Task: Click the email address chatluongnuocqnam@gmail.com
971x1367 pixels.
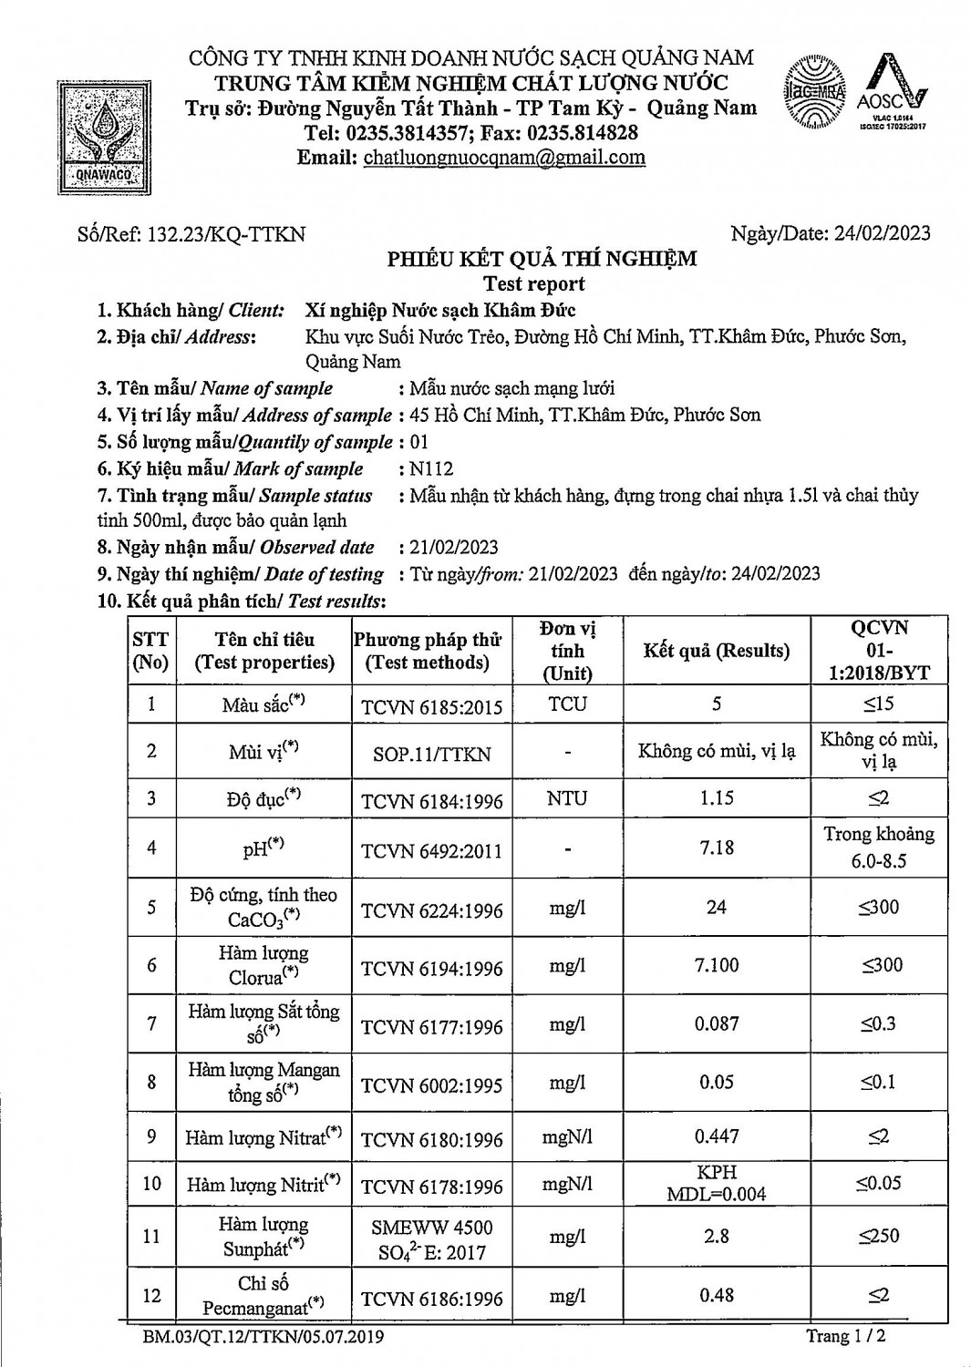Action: click(x=504, y=157)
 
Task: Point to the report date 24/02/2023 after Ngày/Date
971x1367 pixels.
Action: click(x=882, y=233)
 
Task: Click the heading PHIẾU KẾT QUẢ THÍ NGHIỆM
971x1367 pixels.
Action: click(x=542, y=259)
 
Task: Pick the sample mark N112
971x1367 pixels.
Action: click(x=431, y=469)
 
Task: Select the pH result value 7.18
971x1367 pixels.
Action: click(x=717, y=848)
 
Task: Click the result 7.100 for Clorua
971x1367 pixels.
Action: click(x=717, y=965)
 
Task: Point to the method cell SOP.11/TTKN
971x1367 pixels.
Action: click(x=431, y=754)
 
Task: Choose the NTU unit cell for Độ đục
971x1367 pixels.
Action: click(x=567, y=798)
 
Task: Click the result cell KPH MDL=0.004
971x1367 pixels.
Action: click(x=717, y=1183)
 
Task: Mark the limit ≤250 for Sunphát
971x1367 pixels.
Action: click(x=879, y=1236)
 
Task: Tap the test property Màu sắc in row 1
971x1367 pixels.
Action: click(x=263, y=704)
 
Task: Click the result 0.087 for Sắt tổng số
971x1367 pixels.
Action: click(x=717, y=1023)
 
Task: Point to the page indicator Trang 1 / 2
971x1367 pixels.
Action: click(x=845, y=1336)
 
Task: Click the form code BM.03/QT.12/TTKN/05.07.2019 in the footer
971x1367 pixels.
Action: click(x=263, y=1337)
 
